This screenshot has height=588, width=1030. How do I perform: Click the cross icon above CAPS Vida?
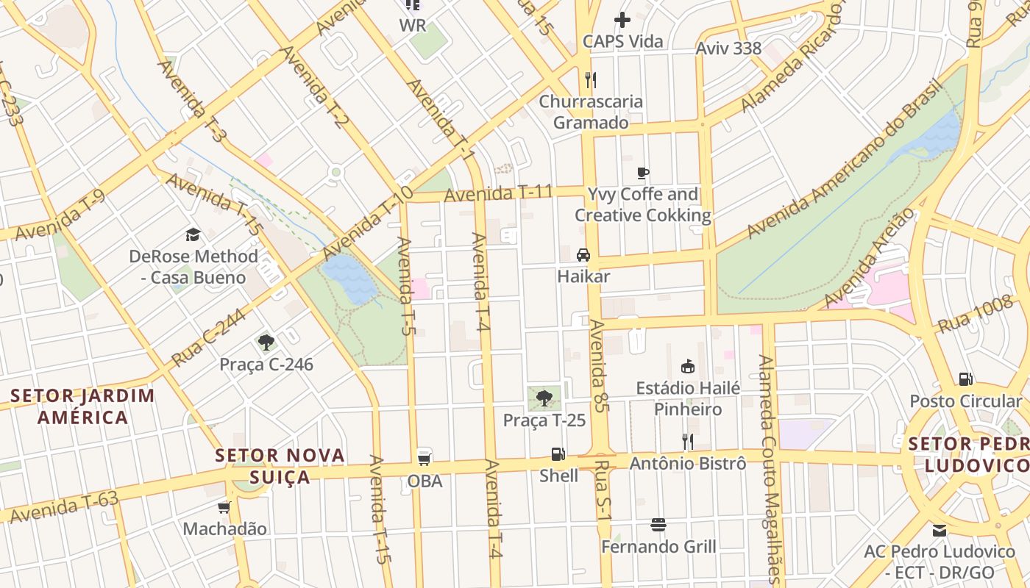click(622, 20)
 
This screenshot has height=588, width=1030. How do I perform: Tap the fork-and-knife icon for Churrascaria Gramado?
click(590, 79)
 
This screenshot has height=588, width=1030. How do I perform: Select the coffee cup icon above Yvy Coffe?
click(643, 173)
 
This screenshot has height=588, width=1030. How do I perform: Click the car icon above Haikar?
click(583, 255)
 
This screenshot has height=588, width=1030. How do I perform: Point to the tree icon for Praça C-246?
click(266, 343)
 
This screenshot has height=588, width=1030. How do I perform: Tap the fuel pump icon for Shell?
click(558, 454)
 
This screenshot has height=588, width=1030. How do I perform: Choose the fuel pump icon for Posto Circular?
click(965, 379)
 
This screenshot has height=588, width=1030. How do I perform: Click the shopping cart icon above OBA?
click(425, 459)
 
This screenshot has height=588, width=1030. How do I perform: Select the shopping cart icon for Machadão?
click(224, 507)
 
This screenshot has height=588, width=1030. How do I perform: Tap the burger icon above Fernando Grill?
click(658, 525)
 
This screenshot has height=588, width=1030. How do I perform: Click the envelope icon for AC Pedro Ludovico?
click(940, 530)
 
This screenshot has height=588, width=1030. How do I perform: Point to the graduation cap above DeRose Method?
click(193, 234)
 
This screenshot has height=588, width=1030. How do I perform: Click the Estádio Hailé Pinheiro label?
click(688, 398)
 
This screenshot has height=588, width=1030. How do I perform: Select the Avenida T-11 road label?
click(498, 193)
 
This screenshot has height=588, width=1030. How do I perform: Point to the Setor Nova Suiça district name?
click(280, 466)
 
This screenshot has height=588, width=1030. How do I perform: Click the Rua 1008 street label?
click(975, 314)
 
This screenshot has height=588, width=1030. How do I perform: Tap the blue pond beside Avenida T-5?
click(350, 279)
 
